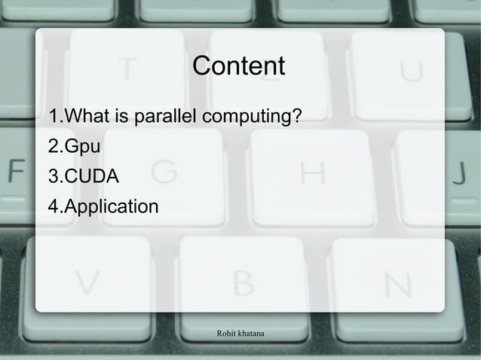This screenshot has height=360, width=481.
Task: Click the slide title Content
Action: pos(239,66)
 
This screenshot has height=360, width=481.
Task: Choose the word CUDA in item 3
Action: pos(92,177)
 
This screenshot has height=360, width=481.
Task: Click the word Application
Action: pos(111,206)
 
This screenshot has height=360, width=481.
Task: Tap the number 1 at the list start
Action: pos(53,117)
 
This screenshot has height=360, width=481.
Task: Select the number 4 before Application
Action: pos(53,206)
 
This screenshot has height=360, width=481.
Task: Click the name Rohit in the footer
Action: pos(227,332)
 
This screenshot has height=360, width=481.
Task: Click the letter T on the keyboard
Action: pos(128,70)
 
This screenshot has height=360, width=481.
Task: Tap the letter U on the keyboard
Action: pos(410,70)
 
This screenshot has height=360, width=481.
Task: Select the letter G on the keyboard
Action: pos(163,173)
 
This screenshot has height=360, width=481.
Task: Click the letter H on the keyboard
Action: pos(312,173)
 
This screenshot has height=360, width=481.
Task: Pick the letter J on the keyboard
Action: pos(459,173)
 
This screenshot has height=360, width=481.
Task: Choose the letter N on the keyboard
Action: pos(397,285)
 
